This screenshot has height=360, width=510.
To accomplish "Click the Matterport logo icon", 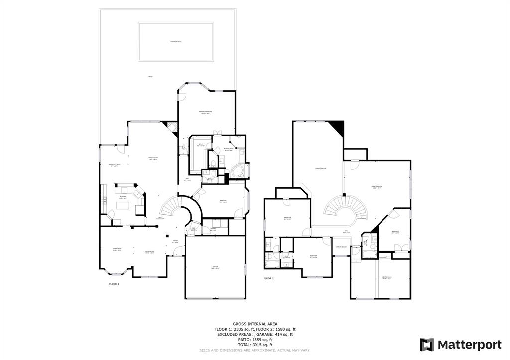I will tap(427, 344).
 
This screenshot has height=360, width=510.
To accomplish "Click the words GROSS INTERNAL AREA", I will tap(255, 324).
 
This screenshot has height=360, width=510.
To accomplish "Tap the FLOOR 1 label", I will tap(114, 284).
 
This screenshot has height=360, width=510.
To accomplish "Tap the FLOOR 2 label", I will tap(269, 278).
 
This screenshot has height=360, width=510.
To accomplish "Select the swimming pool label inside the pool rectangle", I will tap(176, 42).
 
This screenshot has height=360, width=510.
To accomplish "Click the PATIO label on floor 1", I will tap(150, 76).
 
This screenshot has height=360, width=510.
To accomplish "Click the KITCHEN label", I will tap(122, 197).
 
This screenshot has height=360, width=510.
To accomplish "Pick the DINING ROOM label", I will tap(117, 249).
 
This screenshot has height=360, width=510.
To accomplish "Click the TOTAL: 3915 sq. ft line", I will tap(255, 345).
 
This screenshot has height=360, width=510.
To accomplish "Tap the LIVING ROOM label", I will tap(149, 252).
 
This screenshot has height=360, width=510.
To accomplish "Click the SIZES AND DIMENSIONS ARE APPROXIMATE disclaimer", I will tap(255, 350).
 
